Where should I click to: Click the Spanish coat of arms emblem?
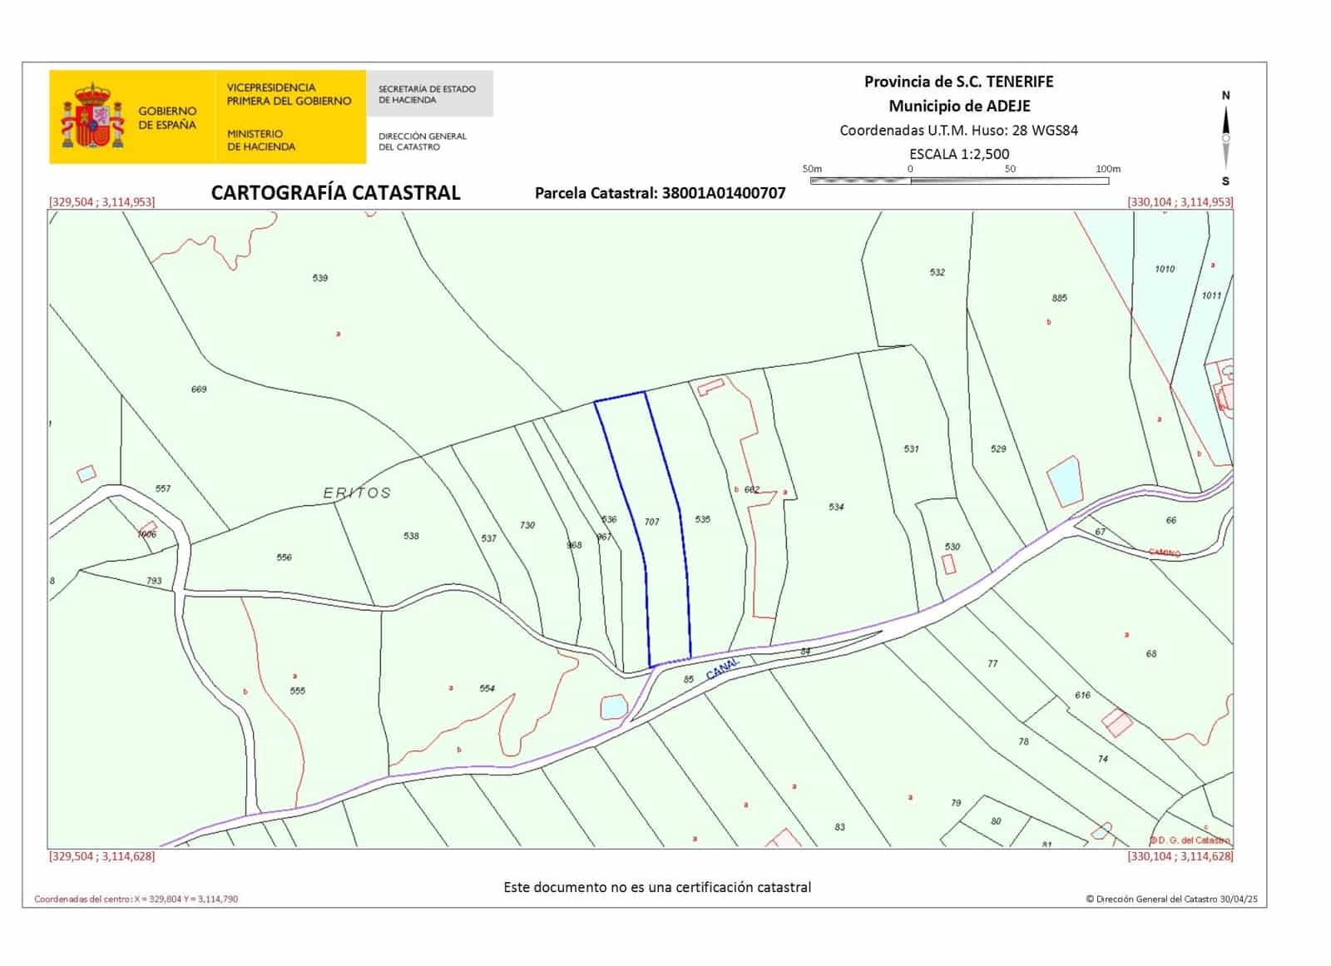[x=92, y=116]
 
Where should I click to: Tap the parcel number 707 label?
[x=651, y=522]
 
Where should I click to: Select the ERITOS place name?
[x=357, y=493]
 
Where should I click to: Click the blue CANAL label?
[x=722, y=668]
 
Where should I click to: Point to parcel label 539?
[x=320, y=278]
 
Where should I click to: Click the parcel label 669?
[x=199, y=389]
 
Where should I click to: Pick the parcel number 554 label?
[x=487, y=688]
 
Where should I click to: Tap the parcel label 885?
[x=1059, y=298]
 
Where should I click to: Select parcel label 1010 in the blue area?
[x=1165, y=269]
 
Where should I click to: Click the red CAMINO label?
[x=1164, y=552]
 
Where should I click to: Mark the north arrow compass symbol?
[x=1225, y=138]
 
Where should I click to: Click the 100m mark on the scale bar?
[x=1107, y=169]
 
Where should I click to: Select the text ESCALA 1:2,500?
[x=959, y=154]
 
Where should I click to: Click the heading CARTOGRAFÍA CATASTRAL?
[x=335, y=193]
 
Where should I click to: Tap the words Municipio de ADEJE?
[x=959, y=106]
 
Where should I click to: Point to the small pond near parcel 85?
[x=614, y=707]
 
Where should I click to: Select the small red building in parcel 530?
[x=948, y=563]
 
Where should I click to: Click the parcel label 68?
[x=1151, y=654]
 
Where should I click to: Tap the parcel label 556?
[x=285, y=557]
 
